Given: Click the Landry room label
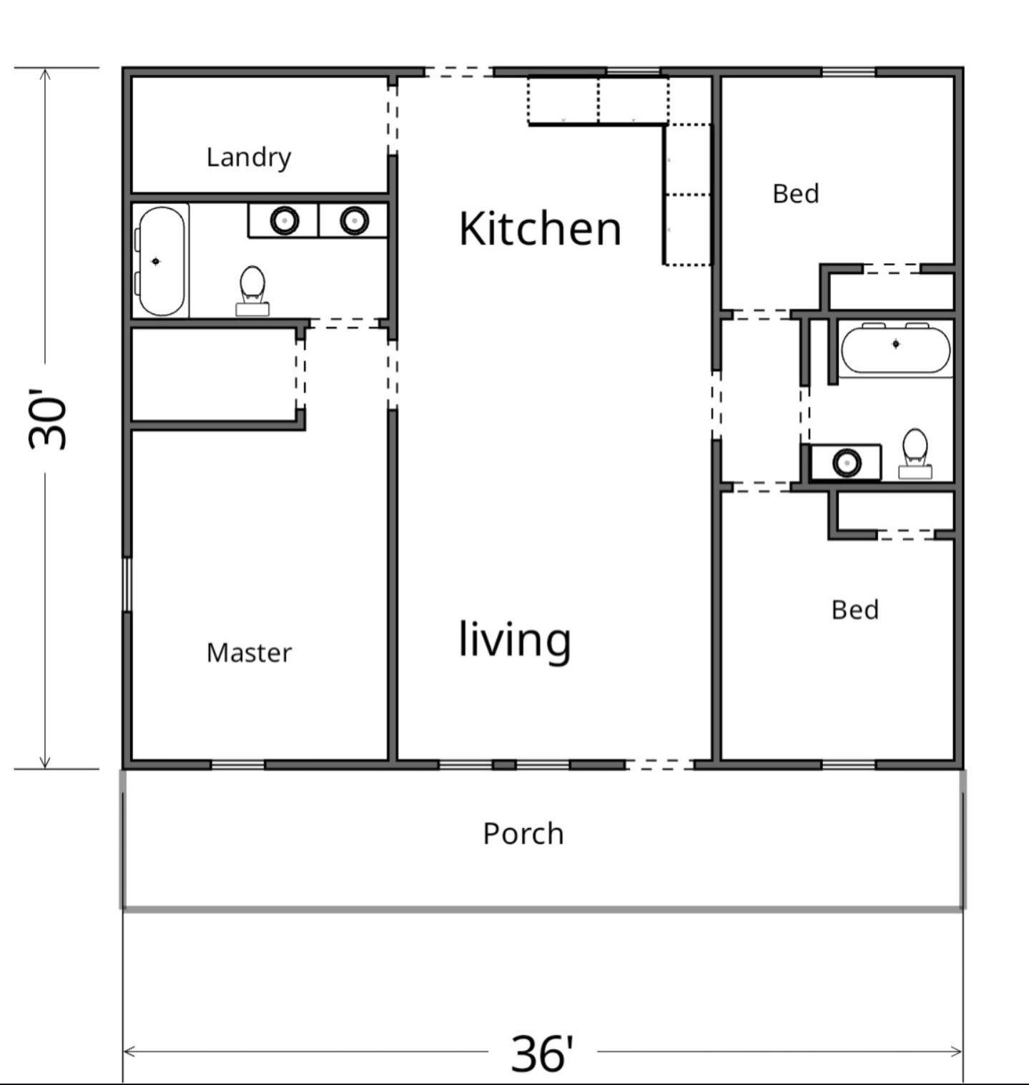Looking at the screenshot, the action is pyautogui.click(x=249, y=157).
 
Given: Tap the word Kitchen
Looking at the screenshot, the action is pyautogui.click(x=540, y=229).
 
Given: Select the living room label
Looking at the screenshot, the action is pyautogui.click(x=515, y=640).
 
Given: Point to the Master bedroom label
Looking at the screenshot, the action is pyautogui.click(x=249, y=652).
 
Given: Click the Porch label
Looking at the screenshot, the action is pyautogui.click(x=523, y=834).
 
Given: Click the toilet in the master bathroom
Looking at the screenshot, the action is pyautogui.click(x=252, y=290).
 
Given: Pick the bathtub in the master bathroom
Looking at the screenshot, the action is pyautogui.click(x=160, y=261).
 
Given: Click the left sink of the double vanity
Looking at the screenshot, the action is pyautogui.click(x=285, y=220).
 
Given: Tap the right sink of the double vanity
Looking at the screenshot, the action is pyautogui.click(x=354, y=220).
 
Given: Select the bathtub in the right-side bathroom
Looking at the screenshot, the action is pyautogui.click(x=896, y=348).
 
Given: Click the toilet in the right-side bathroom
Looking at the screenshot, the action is pyautogui.click(x=915, y=453).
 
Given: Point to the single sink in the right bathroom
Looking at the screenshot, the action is pyautogui.click(x=847, y=463).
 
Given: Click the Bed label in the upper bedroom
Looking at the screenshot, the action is pyautogui.click(x=796, y=194).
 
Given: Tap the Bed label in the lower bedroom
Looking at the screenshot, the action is pyautogui.click(x=855, y=610).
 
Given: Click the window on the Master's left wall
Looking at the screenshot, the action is pyautogui.click(x=127, y=584).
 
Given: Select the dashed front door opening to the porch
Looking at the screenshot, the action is pyautogui.click(x=660, y=765).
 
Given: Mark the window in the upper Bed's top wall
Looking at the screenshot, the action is pyautogui.click(x=848, y=72).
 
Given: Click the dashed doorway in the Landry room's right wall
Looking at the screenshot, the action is pyautogui.click(x=393, y=116).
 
